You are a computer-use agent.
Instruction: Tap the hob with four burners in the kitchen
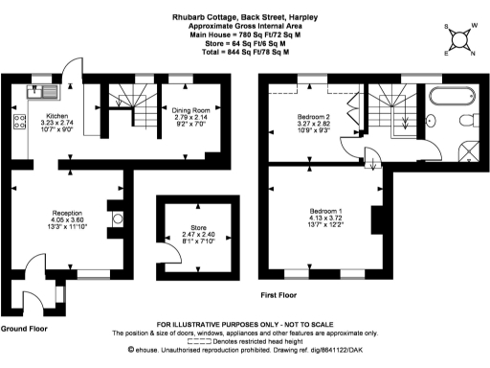click(x=20, y=122)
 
